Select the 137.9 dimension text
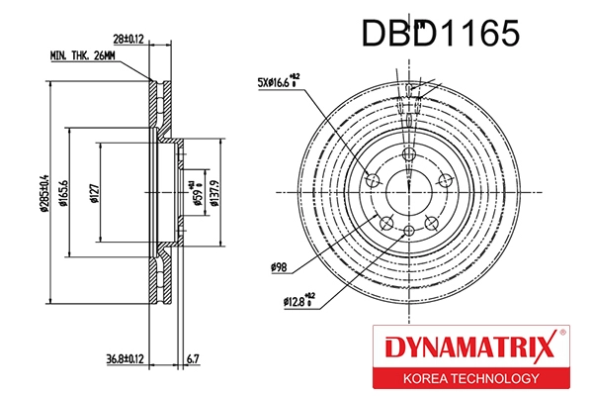(x=215, y=185)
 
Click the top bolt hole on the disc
(x=409, y=152)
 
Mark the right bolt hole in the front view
(x=445, y=179)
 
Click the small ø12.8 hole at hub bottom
(x=409, y=232)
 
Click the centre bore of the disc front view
(x=409, y=190)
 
